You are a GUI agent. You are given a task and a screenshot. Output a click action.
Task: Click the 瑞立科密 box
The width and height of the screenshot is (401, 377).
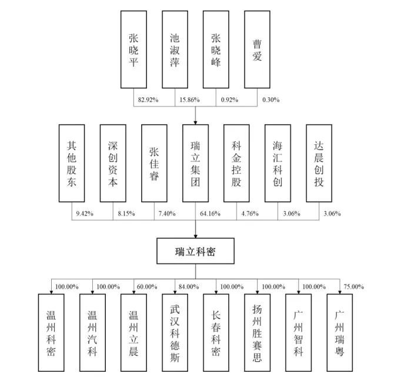click(x=195, y=251)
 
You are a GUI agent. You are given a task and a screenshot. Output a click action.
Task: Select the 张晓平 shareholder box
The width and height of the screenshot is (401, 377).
click(x=133, y=49)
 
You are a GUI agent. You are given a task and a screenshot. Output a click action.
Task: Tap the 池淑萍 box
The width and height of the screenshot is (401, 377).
click(x=175, y=49)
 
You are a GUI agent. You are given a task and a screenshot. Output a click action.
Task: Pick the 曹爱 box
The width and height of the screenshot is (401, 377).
click(x=257, y=49)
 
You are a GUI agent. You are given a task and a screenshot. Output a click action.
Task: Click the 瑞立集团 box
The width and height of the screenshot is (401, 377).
click(x=195, y=163)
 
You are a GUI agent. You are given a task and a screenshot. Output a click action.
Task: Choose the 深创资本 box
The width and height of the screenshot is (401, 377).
click(x=113, y=163)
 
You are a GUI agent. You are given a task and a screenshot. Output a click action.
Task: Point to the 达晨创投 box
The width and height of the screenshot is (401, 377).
click(x=319, y=163)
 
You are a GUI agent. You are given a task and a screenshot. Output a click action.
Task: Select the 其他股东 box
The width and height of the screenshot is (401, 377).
click(x=72, y=163)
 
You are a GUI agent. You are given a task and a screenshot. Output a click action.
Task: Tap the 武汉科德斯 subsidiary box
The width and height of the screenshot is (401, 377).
click(x=175, y=332)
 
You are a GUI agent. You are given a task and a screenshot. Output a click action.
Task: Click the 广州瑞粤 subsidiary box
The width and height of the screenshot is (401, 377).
click(x=340, y=332)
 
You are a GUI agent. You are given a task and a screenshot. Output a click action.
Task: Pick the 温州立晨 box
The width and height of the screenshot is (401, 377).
click(x=133, y=332)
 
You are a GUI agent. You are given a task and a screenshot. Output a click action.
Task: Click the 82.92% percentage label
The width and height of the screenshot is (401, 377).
click(x=148, y=100)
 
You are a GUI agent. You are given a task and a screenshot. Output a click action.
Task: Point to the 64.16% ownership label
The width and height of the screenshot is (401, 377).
click(x=210, y=213)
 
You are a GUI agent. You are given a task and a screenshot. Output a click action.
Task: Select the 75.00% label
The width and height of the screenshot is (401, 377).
click(x=354, y=286)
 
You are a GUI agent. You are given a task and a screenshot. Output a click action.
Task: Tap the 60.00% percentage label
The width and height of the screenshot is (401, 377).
click(x=147, y=286)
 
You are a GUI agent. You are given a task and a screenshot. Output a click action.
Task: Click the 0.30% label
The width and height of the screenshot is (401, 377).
click(x=271, y=100)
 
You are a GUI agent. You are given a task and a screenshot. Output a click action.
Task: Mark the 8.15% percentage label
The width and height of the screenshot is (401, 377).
click(x=126, y=213)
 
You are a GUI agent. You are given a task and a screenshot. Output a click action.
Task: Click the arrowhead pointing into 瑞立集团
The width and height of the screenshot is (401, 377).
click(x=195, y=123)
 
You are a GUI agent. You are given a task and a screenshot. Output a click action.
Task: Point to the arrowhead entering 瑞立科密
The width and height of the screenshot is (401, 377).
click(x=195, y=236)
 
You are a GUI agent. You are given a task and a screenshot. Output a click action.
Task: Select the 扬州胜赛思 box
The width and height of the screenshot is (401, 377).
click(x=258, y=332)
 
